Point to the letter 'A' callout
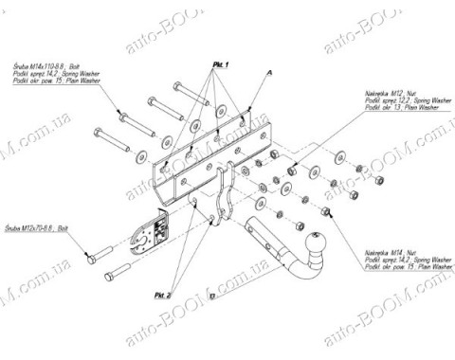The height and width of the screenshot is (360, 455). click(x=269, y=72)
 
